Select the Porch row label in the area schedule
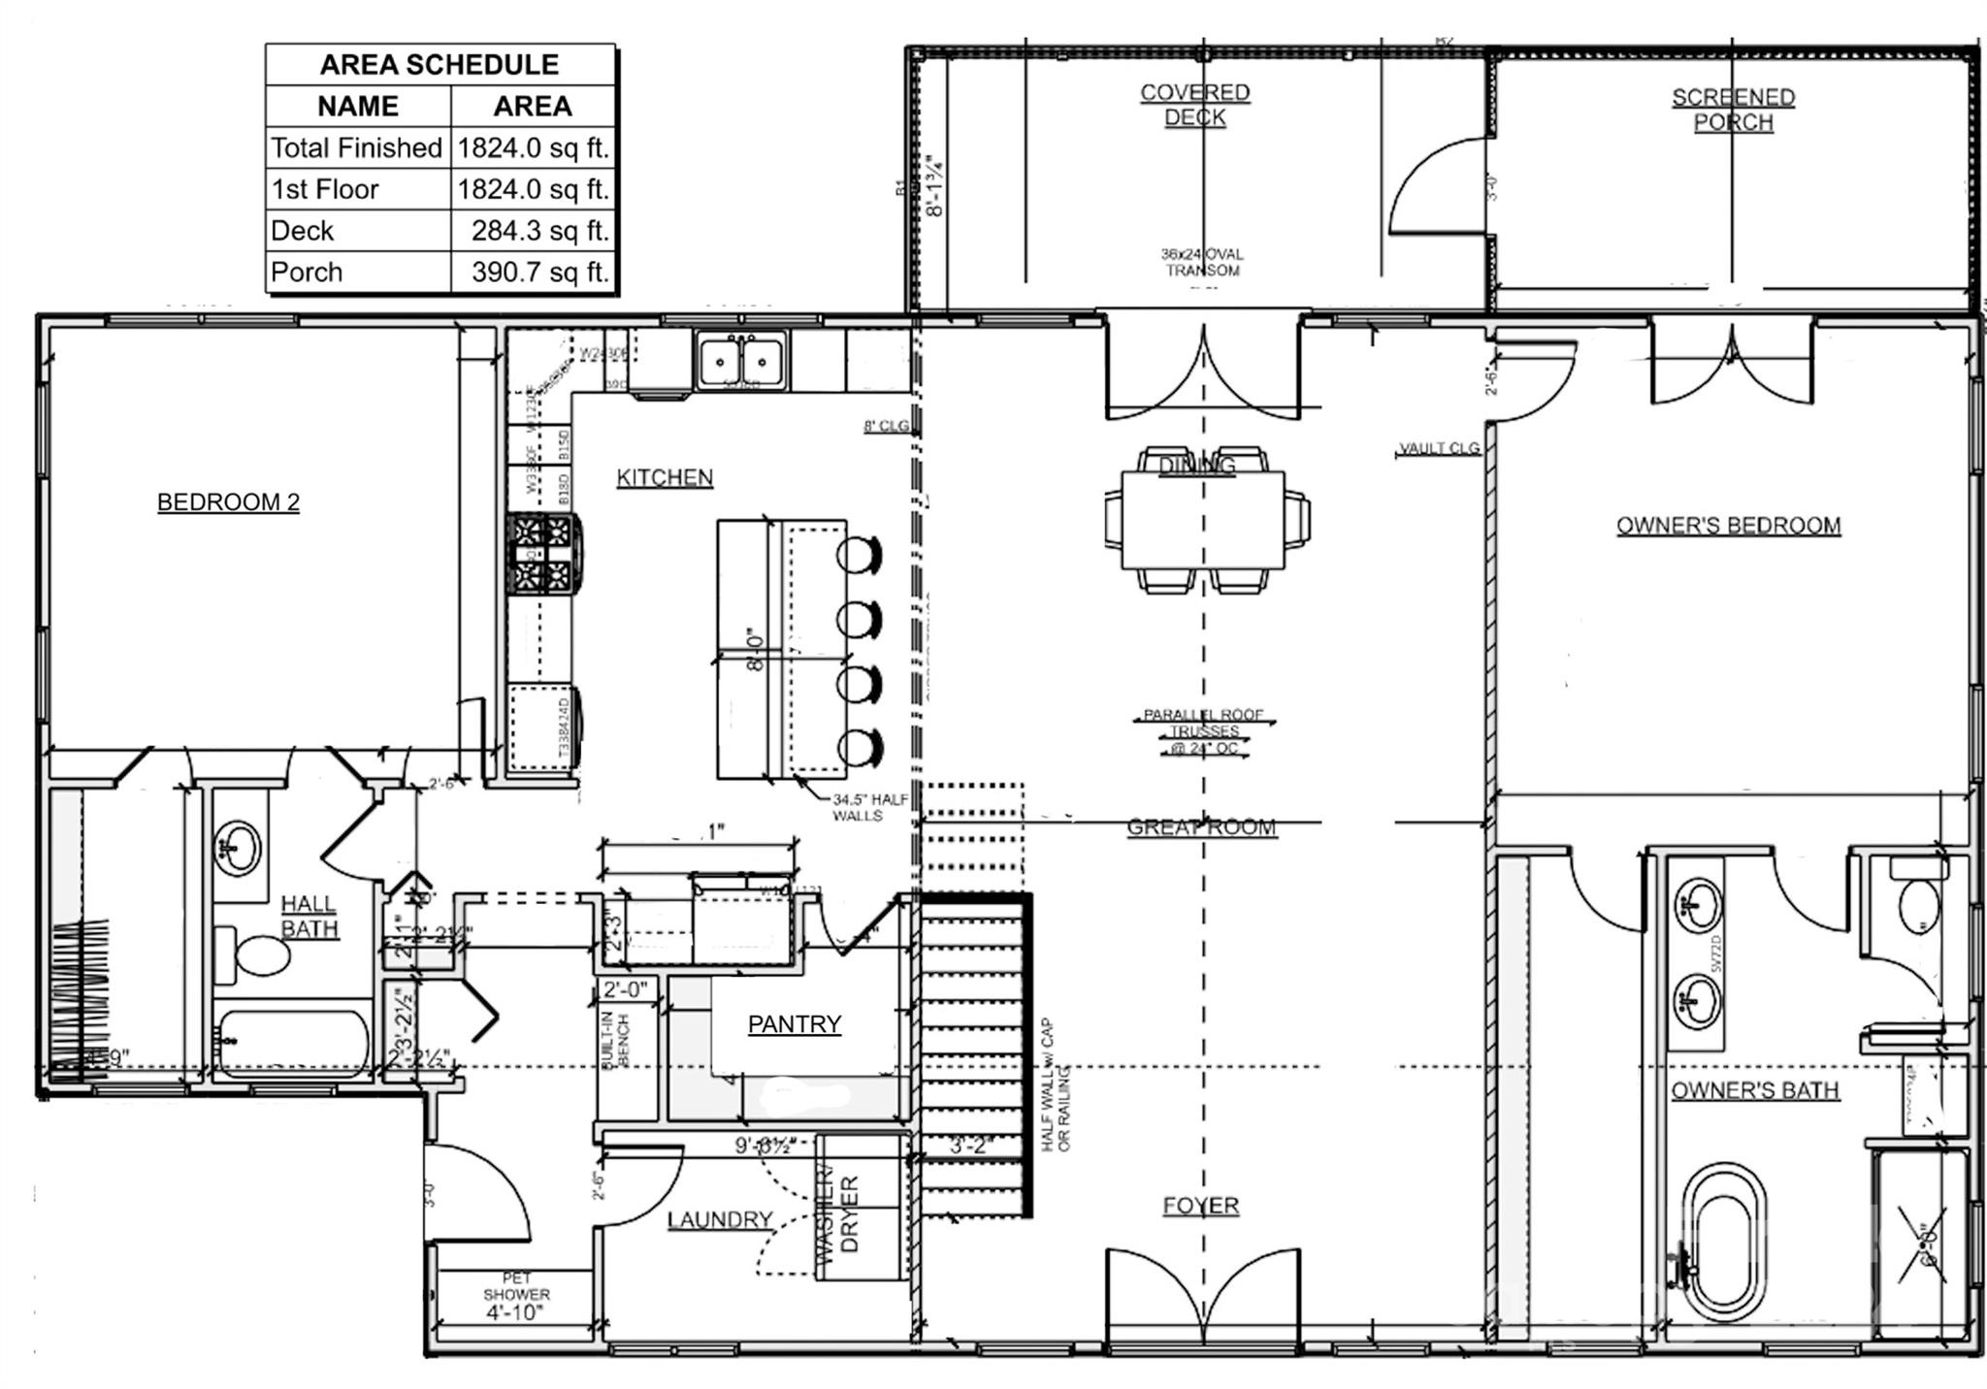click(307, 273)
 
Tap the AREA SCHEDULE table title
click(440, 65)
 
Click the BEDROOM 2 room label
click(228, 502)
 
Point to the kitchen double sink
click(740, 361)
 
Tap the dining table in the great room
click(1203, 521)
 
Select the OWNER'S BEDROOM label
click(1728, 526)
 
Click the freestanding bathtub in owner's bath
click(1723, 1243)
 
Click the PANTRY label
click(794, 1024)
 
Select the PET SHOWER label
click(516, 1287)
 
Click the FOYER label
click(1201, 1206)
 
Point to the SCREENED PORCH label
click(1733, 110)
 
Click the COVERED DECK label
click(1194, 105)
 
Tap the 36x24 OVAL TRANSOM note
click(1202, 262)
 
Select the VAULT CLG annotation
click(1439, 448)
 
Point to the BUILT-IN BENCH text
click(617, 1041)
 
